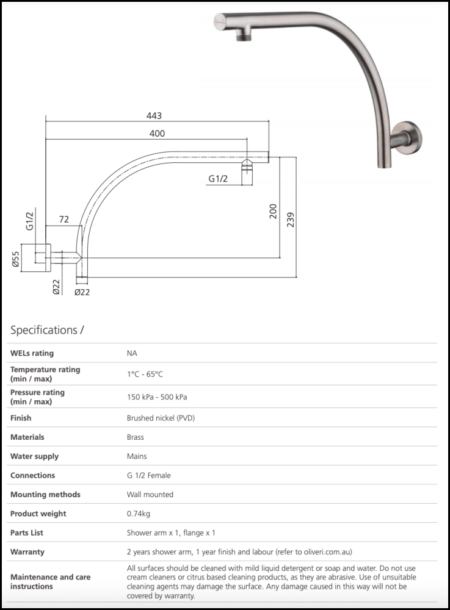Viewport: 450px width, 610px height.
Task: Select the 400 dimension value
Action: (157, 134)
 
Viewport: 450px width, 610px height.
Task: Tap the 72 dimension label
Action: (64, 218)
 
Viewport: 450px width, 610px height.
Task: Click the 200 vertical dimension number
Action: (273, 211)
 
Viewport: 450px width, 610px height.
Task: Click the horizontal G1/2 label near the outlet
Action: (218, 179)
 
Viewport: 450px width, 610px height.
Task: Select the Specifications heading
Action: (47, 330)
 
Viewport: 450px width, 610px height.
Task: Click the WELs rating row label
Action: (32, 353)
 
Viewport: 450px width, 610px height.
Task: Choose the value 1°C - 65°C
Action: (144, 374)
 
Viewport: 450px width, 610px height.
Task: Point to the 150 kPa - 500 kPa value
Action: (156, 397)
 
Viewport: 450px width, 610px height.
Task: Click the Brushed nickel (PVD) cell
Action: (161, 418)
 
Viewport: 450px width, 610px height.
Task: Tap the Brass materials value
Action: (136, 437)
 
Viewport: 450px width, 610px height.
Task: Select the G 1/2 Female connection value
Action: (148, 475)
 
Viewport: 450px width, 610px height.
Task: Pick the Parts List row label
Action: (27, 533)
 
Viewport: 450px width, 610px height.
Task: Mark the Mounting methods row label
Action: (45, 495)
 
